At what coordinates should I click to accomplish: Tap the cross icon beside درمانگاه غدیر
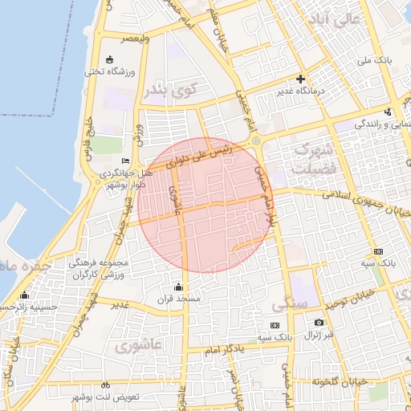coord(300,79)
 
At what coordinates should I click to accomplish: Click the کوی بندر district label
coord(169,91)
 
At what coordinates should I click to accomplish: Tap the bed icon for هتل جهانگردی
coord(124,161)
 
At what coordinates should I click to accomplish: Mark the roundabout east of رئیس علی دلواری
coord(256,142)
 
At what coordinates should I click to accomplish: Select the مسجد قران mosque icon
coord(177,287)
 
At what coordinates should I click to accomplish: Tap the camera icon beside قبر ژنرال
coord(319,323)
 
